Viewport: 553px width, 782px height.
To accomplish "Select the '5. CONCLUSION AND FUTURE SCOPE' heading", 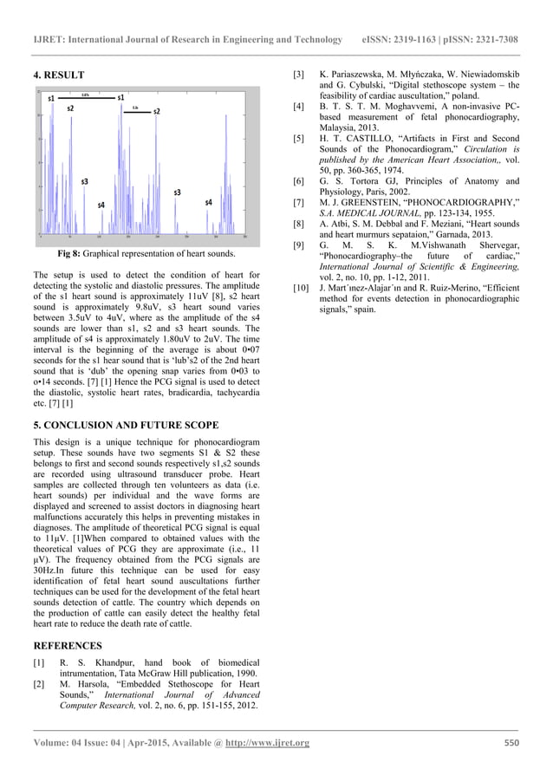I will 126,427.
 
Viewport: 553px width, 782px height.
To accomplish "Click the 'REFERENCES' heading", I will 67,646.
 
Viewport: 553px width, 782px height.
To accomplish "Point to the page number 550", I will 511,742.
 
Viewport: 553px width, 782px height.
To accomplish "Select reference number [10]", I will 301,287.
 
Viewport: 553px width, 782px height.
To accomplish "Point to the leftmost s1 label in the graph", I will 52,98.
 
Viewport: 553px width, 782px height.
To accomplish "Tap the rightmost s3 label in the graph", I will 177,192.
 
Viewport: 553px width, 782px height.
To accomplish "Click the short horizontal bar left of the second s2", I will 136,110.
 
